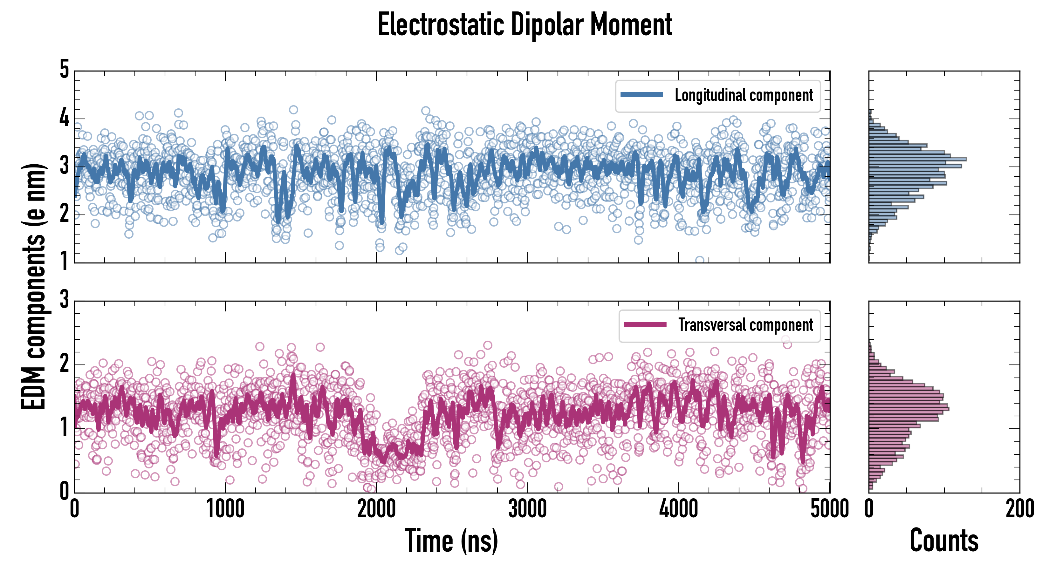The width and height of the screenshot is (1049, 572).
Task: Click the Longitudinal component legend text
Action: (744, 95)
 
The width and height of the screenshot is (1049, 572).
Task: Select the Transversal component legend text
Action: (745, 325)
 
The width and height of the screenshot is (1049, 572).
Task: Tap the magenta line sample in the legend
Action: (645, 324)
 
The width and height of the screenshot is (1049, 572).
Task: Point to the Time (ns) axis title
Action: (451, 541)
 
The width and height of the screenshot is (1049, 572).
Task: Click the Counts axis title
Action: (944, 541)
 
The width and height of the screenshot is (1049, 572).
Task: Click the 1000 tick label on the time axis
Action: (225, 509)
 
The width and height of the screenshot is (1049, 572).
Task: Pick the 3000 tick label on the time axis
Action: (527, 509)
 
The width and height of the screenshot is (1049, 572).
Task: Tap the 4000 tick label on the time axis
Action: (678, 509)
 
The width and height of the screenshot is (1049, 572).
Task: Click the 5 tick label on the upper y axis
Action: (64, 69)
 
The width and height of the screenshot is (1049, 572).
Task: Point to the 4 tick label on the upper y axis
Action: (64, 118)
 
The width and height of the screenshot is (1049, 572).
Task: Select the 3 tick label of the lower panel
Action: (64, 300)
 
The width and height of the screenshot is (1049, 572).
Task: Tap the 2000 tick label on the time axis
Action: (376, 509)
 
